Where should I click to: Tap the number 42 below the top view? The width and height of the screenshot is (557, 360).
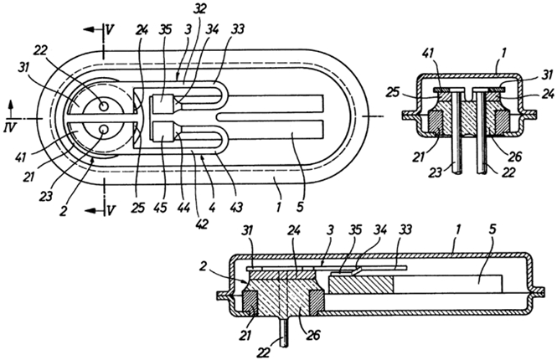point(200,224)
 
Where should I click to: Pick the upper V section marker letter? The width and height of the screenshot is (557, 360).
point(110,30)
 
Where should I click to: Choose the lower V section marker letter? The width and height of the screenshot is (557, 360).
point(111,211)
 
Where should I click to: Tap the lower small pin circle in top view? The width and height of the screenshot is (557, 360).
point(104,129)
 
